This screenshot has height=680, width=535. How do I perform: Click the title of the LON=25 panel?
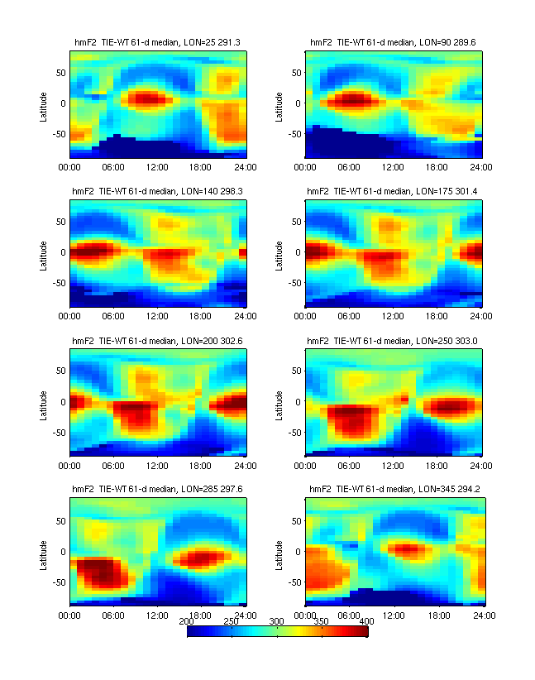pyautogui.click(x=157, y=41)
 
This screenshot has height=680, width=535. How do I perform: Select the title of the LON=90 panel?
pyautogui.click(x=394, y=41)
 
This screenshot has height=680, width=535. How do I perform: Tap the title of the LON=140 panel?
pyautogui.click(x=157, y=191)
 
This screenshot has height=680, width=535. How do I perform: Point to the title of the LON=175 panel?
pyautogui.click(x=394, y=191)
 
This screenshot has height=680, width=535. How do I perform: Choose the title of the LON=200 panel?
pyautogui.click(x=157, y=340)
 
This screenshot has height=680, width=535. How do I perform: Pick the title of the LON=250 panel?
pyautogui.click(x=394, y=340)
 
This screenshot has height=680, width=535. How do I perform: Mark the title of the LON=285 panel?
pyautogui.click(x=157, y=489)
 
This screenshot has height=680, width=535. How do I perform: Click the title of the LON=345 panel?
pyautogui.click(x=394, y=489)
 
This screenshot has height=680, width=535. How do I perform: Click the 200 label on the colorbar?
pyautogui.click(x=188, y=620)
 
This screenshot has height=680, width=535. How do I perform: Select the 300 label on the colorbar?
pyautogui.click(x=277, y=620)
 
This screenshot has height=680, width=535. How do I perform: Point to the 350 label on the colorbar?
pyautogui.click(x=322, y=620)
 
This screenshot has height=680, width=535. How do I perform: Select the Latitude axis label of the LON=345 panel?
pyautogui.click(x=279, y=553)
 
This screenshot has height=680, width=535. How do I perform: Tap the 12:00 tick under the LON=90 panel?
pyautogui.click(x=394, y=166)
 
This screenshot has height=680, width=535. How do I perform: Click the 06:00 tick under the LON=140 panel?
pyautogui.click(x=113, y=315)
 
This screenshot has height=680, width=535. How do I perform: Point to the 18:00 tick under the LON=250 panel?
pyautogui.click(x=438, y=464)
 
